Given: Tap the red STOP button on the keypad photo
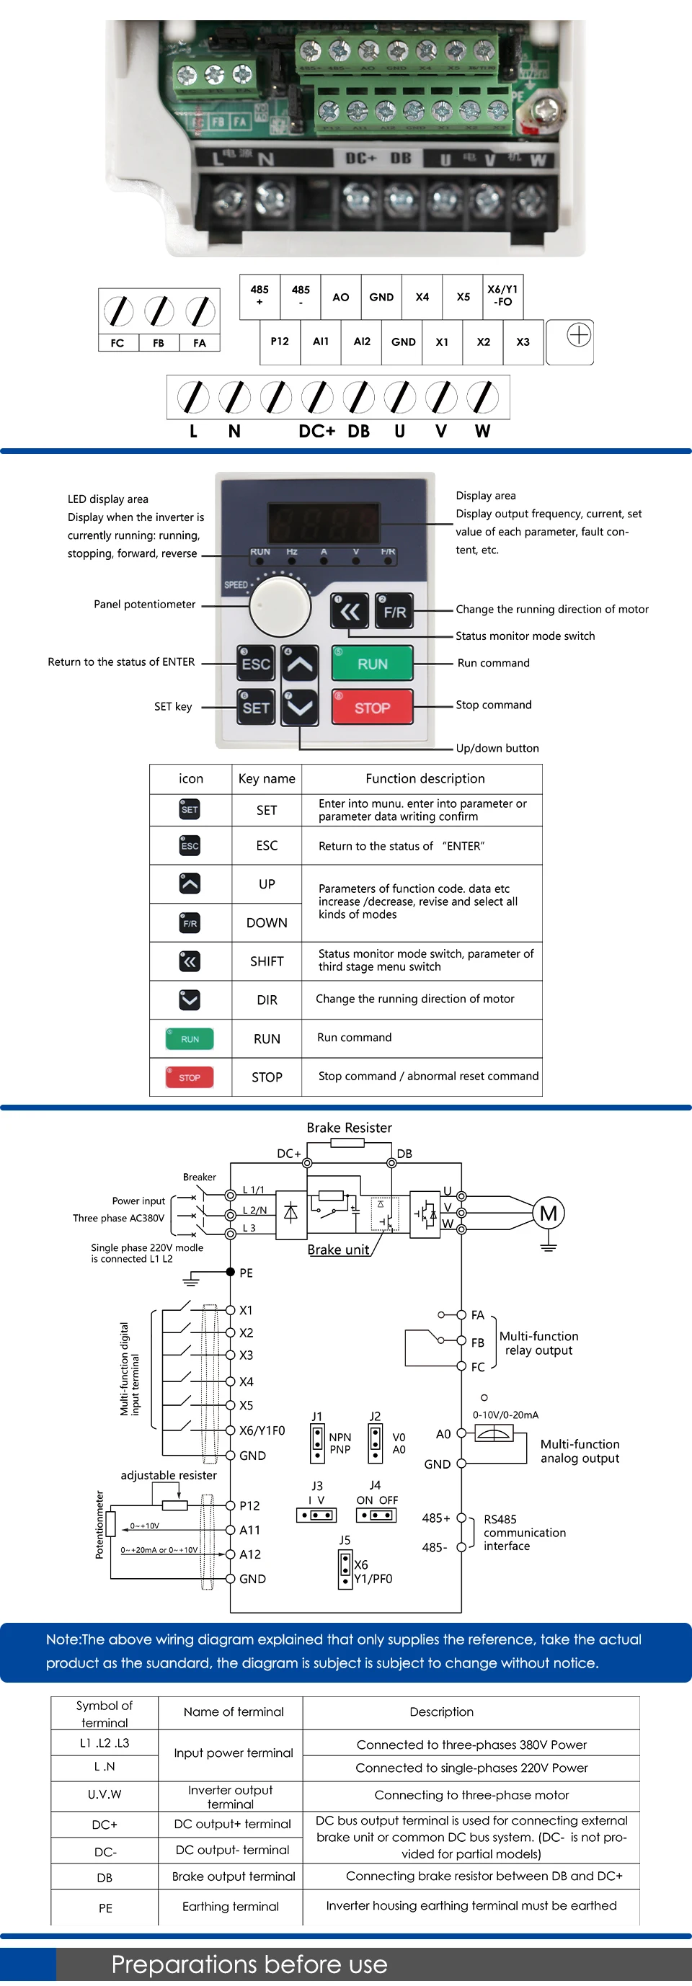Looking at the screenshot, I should (372, 708).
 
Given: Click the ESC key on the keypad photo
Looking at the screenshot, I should (255, 664).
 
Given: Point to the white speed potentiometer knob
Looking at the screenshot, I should (279, 606).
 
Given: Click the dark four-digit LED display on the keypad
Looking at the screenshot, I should (324, 522).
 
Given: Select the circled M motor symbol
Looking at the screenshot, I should (549, 1214).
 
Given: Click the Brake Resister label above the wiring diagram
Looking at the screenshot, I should (349, 1128).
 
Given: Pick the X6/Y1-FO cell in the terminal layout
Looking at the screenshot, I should (502, 296).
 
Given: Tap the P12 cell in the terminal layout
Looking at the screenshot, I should (279, 342).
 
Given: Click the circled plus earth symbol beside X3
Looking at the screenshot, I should (579, 335).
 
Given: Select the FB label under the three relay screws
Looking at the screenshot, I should (158, 343).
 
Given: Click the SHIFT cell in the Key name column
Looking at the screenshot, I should (267, 961).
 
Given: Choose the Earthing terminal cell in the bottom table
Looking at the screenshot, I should (230, 1907).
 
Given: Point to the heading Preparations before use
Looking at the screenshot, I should (249, 1964).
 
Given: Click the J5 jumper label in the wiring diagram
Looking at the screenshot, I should (345, 1541).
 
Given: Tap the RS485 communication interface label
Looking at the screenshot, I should (524, 1533).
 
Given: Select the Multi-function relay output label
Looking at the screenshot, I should (538, 1343).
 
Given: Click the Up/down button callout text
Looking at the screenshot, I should (497, 748).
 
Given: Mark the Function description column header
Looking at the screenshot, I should (425, 779).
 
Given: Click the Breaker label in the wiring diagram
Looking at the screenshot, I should (199, 1177).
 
